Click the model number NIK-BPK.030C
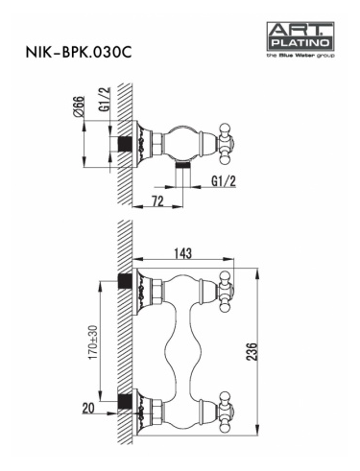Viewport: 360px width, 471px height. [x=79, y=52]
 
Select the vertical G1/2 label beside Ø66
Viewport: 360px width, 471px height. [x=105, y=99]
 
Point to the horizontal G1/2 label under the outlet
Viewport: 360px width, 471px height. [x=224, y=181]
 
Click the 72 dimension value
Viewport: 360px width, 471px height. [x=157, y=201]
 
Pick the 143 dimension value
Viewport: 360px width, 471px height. [x=182, y=253]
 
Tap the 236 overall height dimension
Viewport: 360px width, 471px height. [x=252, y=351]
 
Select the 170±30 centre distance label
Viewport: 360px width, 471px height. [x=93, y=341]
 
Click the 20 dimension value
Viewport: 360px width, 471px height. [x=88, y=409]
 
